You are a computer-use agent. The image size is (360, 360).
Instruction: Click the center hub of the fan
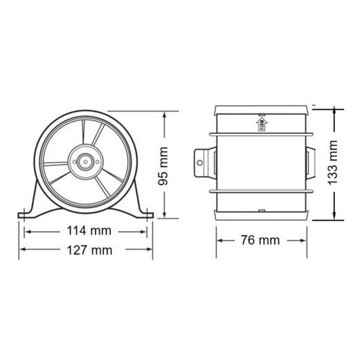pos(85,163)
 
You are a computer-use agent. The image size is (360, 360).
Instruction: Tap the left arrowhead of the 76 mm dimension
pos(219,240)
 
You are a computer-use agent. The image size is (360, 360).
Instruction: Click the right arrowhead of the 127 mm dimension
pos(152,249)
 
